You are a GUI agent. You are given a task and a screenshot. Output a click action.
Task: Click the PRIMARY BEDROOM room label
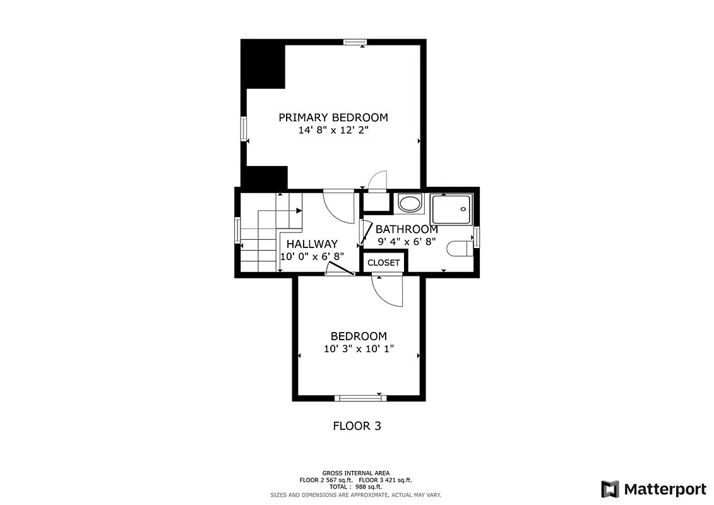click(x=333, y=117)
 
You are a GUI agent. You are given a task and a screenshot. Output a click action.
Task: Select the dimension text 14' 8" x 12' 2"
click(x=333, y=131)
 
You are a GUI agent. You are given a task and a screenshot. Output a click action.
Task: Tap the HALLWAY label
click(x=312, y=244)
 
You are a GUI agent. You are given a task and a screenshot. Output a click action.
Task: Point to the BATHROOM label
click(x=407, y=229)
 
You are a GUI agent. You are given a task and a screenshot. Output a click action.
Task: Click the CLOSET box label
click(x=384, y=263)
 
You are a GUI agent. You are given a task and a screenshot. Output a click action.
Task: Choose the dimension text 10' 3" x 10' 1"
click(x=359, y=350)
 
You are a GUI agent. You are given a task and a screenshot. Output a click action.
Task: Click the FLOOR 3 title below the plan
click(x=357, y=426)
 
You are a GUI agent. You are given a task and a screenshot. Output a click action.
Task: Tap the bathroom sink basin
click(x=410, y=204)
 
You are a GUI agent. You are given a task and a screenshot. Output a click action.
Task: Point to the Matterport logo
click(x=653, y=489)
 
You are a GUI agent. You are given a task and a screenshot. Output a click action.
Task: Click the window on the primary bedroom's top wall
click(x=355, y=42)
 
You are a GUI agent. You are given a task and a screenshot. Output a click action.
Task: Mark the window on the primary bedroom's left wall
click(x=243, y=129)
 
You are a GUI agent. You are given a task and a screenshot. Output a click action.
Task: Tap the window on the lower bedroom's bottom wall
click(x=359, y=398)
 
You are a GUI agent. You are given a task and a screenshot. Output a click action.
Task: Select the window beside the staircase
click(x=238, y=230)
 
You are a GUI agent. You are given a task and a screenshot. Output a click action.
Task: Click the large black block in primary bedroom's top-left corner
click(x=263, y=64)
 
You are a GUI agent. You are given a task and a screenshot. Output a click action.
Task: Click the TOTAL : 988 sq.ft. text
click(x=356, y=487)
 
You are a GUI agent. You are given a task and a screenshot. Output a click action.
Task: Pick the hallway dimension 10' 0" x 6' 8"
click(x=312, y=257)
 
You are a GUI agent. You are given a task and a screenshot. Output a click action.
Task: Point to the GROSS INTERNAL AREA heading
click(x=356, y=473)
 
